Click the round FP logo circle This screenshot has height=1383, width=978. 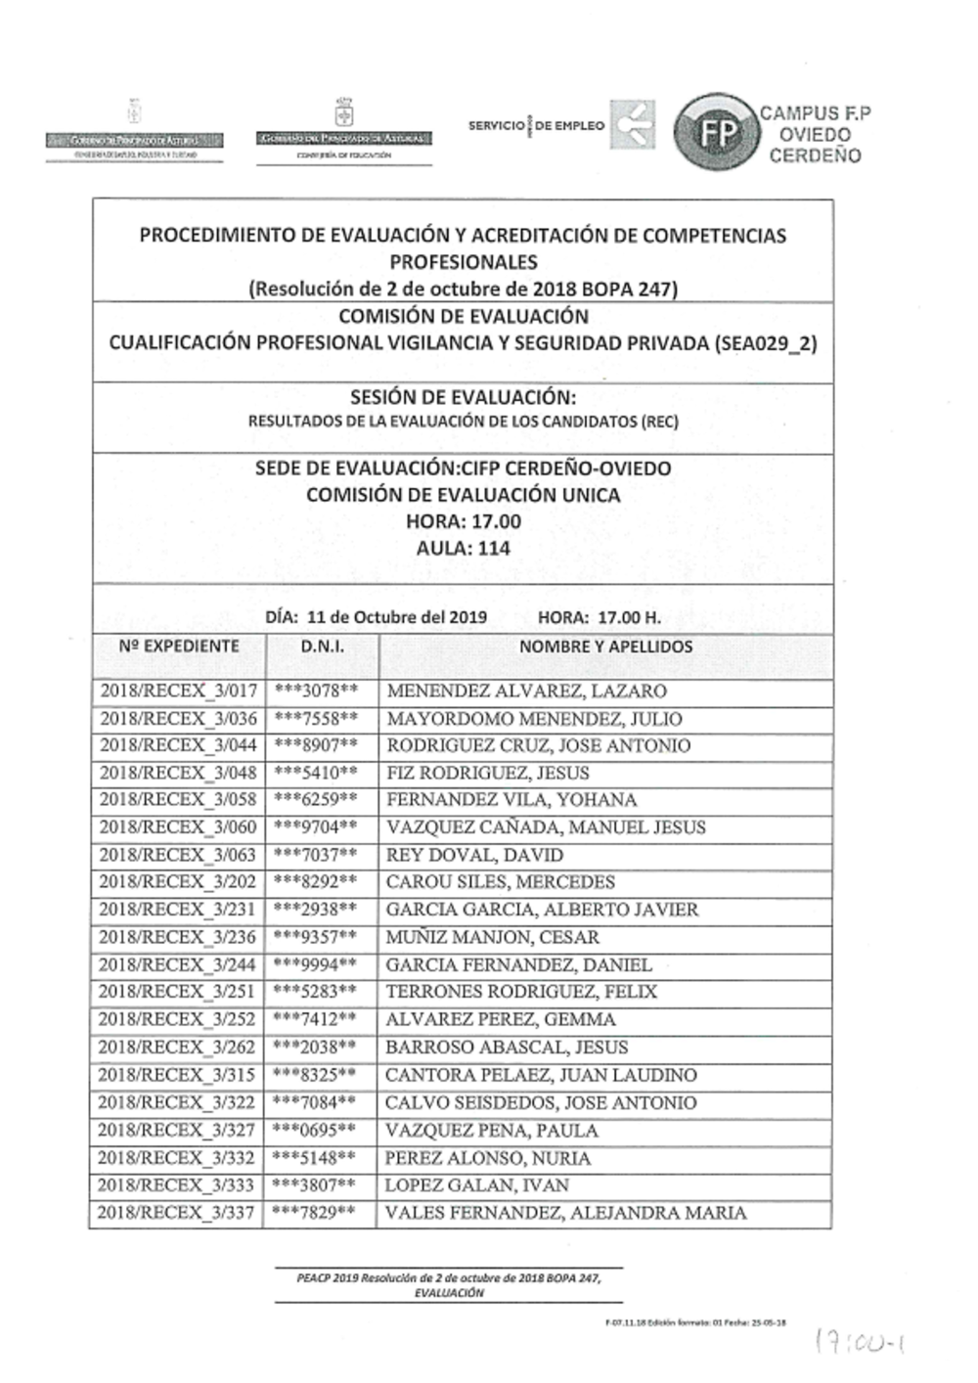(717, 133)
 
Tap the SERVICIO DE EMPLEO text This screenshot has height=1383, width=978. (536, 126)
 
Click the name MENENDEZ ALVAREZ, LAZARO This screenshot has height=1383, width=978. (526, 691)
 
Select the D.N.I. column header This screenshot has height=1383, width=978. (322, 647)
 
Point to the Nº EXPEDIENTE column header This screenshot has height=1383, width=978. (178, 647)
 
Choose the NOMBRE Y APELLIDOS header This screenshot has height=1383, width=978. (605, 647)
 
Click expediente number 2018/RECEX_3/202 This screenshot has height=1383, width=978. (178, 882)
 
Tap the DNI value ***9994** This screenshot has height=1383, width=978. (315, 964)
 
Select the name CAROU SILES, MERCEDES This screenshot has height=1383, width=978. (500, 882)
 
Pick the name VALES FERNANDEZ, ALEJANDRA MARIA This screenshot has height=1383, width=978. (565, 1214)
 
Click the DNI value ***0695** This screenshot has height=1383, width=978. (315, 1131)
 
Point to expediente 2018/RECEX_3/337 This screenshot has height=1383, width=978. (177, 1214)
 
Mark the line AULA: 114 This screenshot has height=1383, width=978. (463, 549)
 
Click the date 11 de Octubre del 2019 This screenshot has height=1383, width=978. (396, 618)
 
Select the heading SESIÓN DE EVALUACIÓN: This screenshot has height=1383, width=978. (463, 397)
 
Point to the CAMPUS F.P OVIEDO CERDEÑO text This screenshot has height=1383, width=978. (816, 134)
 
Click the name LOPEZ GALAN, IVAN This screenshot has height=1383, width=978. (476, 1185)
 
